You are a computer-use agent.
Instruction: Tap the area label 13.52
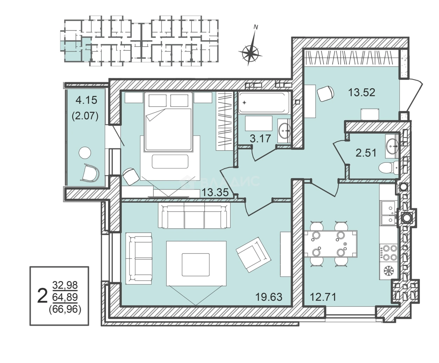[x=362, y=93]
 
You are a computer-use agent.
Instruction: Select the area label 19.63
[x=269, y=297]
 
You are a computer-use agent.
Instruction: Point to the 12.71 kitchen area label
[x=323, y=297]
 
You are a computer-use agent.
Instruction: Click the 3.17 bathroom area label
[x=260, y=139]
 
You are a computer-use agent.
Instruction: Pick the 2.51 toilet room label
[x=366, y=153]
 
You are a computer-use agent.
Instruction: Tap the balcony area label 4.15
[x=86, y=100]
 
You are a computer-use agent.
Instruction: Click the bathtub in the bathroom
[x=264, y=103]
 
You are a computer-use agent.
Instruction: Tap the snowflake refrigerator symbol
[x=388, y=272]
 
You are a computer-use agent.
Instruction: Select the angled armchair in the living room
[x=253, y=255]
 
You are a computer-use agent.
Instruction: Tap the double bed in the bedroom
[x=168, y=122]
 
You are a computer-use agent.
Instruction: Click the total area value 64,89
[x=65, y=297]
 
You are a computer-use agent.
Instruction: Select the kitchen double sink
[x=389, y=214]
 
